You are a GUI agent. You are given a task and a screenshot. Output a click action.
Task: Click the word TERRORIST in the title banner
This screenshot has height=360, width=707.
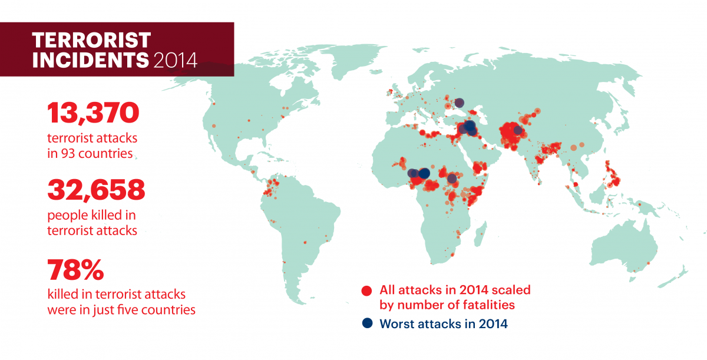[91, 41]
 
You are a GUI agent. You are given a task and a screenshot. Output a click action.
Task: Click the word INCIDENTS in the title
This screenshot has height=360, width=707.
[90, 60]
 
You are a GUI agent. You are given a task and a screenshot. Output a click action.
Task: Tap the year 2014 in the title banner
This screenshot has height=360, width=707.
[176, 60]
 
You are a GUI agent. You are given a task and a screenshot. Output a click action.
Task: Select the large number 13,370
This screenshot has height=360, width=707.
[93, 113]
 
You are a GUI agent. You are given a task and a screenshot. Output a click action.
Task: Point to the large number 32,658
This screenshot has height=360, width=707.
[96, 190]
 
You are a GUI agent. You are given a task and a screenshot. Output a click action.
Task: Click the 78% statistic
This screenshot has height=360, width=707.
[75, 270]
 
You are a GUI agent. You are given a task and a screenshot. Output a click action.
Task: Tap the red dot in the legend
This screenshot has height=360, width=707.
[366, 290]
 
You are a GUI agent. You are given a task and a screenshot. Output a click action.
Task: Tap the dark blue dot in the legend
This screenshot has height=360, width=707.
[367, 323]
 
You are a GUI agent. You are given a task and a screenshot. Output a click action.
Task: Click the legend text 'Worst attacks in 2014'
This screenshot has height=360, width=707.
[444, 324]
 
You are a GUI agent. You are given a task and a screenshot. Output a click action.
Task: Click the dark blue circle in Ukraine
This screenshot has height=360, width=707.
[459, 103]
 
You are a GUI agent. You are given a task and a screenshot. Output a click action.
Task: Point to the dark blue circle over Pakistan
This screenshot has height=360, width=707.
[518, 130]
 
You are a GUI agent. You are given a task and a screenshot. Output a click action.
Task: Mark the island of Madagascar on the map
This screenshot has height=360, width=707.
[480, 234]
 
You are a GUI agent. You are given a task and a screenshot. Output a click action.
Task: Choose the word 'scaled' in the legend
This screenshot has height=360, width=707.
[511, 290]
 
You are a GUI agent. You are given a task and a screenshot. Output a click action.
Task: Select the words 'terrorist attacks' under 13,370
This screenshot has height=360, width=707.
[92, 138]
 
